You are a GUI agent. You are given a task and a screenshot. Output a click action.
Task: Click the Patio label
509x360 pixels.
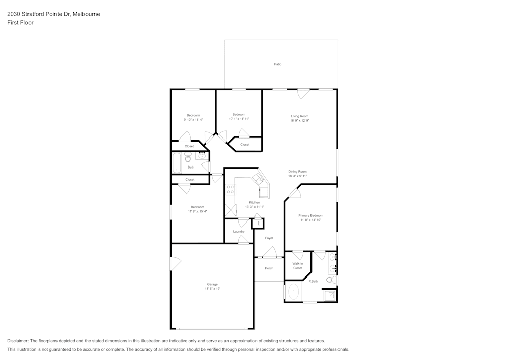[x=278, y=64]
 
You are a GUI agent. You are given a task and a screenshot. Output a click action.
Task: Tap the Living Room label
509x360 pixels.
[x=299, y=116]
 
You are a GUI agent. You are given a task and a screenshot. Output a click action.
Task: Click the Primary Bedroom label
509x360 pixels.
[x=310, y=215]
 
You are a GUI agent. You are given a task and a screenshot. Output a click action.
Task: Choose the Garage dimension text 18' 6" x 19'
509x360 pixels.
[x=212, y=289]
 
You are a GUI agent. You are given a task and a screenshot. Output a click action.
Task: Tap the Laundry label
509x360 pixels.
[x=239, y=231]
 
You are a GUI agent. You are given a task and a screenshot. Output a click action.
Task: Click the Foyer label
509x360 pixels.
[x=269, y=238]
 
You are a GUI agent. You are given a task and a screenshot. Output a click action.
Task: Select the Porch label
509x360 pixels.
[x=269, y=268]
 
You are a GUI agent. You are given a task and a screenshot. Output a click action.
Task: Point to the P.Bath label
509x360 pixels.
[x=314, y=281]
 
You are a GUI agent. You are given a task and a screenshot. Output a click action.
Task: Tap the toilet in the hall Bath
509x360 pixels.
[x=188, y=158]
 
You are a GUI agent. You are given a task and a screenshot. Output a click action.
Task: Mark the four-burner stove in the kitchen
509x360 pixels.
[x=230, y=190]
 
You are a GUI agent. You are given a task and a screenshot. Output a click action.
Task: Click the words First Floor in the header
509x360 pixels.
[x=20, y=23]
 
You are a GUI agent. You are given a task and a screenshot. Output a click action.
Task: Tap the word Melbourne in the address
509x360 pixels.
[x=86, y=14]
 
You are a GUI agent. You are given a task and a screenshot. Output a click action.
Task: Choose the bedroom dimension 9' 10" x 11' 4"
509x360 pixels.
[x=193, y=120]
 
